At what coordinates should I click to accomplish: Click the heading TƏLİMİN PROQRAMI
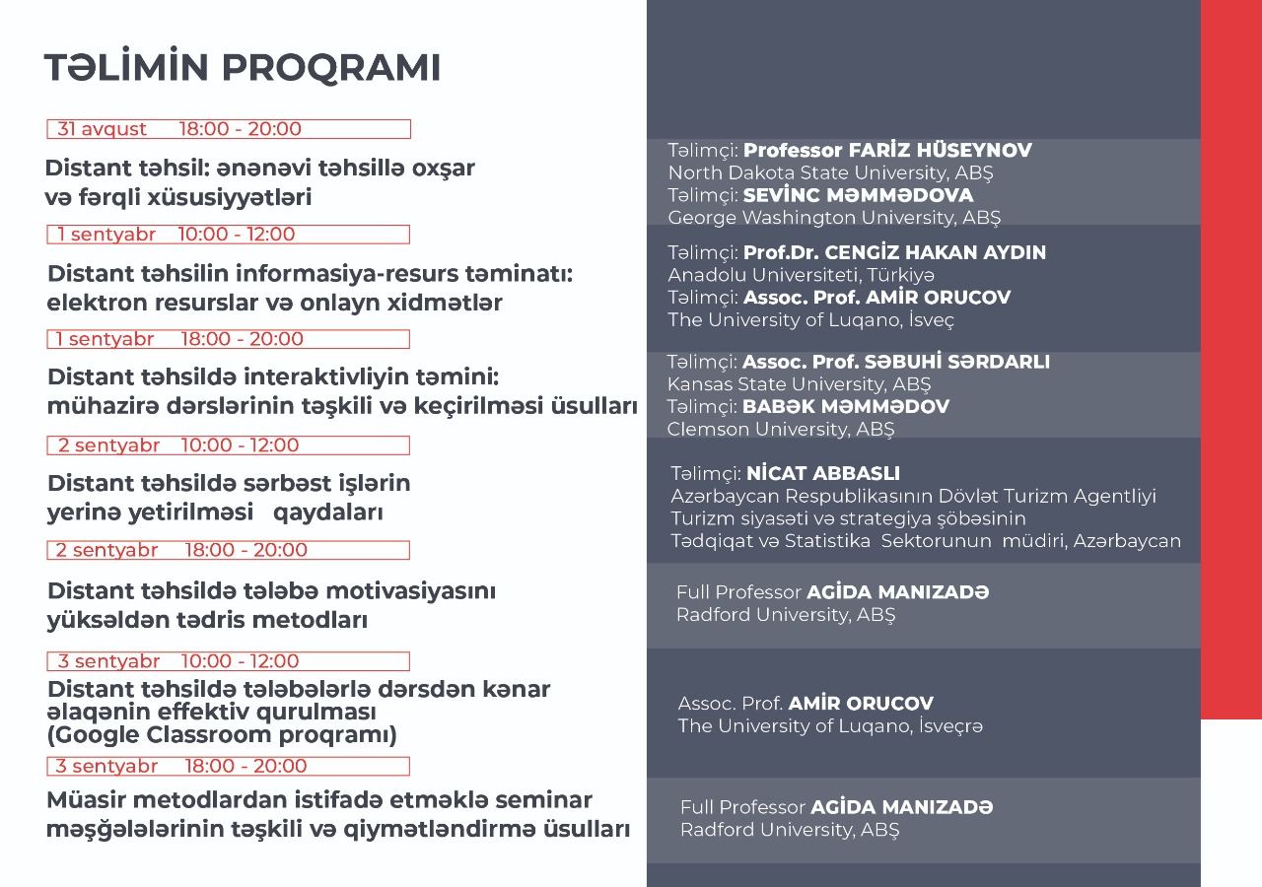[x=242, y=67]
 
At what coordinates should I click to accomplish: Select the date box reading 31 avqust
[x=229, y=129]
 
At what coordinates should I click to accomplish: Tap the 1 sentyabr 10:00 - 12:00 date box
[x=229, y=235]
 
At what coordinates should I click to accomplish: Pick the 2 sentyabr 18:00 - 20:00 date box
[x=229, y=550]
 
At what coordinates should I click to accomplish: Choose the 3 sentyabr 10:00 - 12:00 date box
[x=229, y=661]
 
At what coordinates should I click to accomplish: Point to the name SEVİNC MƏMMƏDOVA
[x=858, y=195]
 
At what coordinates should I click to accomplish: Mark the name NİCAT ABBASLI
[x=823, y=474]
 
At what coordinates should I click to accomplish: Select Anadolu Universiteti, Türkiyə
[x=801, y=275]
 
